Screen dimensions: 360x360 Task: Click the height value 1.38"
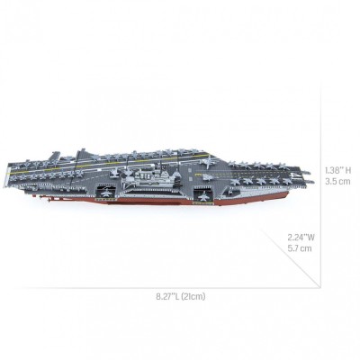(x=330, y=169)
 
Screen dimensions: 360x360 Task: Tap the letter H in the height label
(x=346, y=169)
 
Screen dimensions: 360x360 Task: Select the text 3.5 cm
(x=337, y=180)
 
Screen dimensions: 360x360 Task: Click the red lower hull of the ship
(x=180, y=200)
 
